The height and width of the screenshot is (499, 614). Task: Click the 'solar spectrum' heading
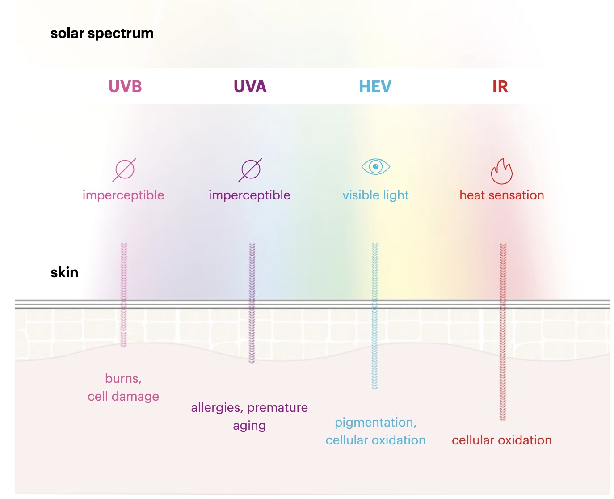102,34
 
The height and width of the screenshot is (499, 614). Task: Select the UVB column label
125,86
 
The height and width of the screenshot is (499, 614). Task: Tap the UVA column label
250,86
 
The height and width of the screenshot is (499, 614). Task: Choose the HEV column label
375,86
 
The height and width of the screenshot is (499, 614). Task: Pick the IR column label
500,86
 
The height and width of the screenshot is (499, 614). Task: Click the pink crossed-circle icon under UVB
124,170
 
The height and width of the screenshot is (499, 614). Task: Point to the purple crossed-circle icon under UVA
250,170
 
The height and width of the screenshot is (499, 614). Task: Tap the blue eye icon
375,167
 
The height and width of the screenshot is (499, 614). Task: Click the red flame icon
501,171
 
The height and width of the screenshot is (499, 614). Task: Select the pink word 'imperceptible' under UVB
123,195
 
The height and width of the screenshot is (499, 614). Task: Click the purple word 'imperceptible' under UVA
249,195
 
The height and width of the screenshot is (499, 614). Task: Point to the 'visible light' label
375,195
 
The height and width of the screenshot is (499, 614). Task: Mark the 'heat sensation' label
501,195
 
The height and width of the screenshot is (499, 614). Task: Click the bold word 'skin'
64,272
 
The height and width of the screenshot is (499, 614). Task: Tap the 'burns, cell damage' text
123,387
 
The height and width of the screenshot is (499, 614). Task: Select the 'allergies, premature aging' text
249,416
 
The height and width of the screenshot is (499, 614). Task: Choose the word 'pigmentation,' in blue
375,423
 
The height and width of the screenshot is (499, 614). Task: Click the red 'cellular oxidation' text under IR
501,440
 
